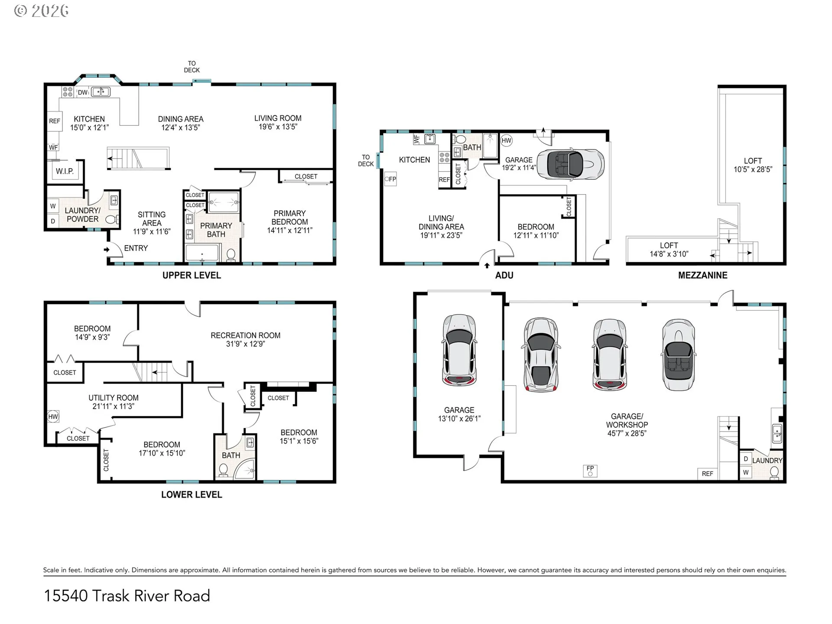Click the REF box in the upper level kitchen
click(55, 121)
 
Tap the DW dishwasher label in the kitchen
click(82, 92)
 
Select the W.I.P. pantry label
click(65, 171)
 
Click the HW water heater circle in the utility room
click(53, 417)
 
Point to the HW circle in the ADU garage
click(507, 140)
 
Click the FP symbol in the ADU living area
click(390, 179)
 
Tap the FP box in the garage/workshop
click(590, 471)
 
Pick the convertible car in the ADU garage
click(570, 164)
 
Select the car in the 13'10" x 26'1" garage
click(459, 350)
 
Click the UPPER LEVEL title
click(192, 275)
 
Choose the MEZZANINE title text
click(702, 275)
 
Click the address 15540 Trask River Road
click(127, 596)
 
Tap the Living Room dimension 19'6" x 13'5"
click(278, 127)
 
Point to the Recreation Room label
click(245, 335)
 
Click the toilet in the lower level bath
click(224, 470)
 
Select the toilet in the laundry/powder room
click(111, 220)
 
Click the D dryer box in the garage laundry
click(746, 459)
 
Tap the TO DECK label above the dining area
click(192, 67)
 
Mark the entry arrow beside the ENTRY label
click(106, 250)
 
